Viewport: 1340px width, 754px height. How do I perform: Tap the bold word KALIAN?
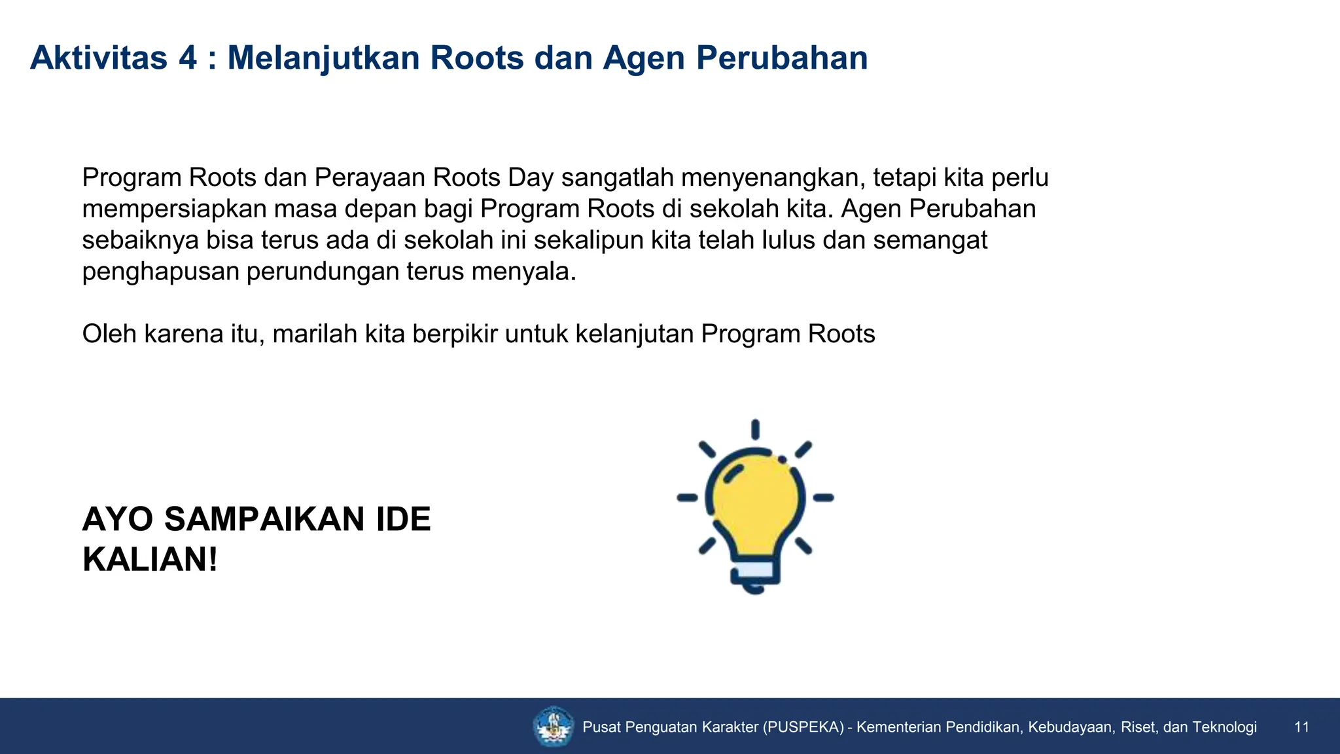(150, 560)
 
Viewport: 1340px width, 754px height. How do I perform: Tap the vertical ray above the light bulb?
(755, 429)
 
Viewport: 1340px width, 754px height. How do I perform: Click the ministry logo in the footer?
(553, 727)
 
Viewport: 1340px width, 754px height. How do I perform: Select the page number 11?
(1301, 727)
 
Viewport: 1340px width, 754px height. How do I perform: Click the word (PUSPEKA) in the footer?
(803, 727)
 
